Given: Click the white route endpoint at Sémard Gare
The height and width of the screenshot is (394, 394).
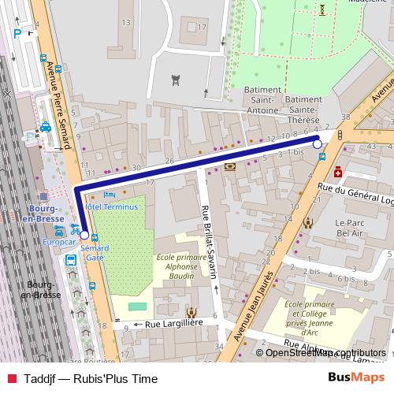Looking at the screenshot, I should click(84, 235).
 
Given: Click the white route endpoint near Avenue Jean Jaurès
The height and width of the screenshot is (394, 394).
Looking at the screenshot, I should click(318, 144).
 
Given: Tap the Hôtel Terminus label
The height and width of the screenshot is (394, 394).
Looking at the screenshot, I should click(111, 206).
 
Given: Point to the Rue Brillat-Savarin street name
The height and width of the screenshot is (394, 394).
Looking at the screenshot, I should click(210, 241).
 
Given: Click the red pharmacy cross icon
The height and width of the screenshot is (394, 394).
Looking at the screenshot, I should click(337, 172).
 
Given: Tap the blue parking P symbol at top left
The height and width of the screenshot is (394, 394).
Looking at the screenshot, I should click(18, 33).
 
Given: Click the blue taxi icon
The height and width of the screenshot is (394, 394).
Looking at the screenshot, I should click(46, 126).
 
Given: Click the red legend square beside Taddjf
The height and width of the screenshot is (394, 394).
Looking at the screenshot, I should click(11, 379).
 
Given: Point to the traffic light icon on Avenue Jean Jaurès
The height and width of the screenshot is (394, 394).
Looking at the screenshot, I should click(339, 134).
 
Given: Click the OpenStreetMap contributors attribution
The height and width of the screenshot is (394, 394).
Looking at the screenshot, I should click(325, 353).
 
